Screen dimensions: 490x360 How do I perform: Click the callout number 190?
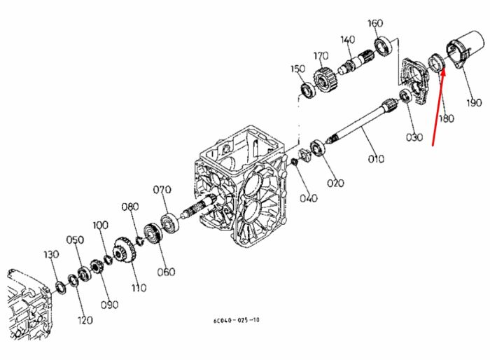click(474, 102)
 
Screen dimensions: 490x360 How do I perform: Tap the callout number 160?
click(375, 23)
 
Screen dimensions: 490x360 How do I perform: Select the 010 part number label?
click(376, 159)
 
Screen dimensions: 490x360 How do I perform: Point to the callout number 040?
click(309, 198)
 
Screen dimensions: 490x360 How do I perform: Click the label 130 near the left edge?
click(51, 254)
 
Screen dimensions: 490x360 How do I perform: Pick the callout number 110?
click(139, 287)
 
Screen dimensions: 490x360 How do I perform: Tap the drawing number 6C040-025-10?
click(237, 320)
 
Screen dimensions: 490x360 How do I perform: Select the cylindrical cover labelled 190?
click(466, 50)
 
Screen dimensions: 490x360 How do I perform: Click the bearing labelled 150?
click(308, 90)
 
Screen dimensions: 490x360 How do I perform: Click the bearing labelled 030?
click(406, 96)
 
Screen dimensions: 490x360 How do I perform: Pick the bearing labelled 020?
click(318, 148)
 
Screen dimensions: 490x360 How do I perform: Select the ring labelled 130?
click(59, 288)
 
